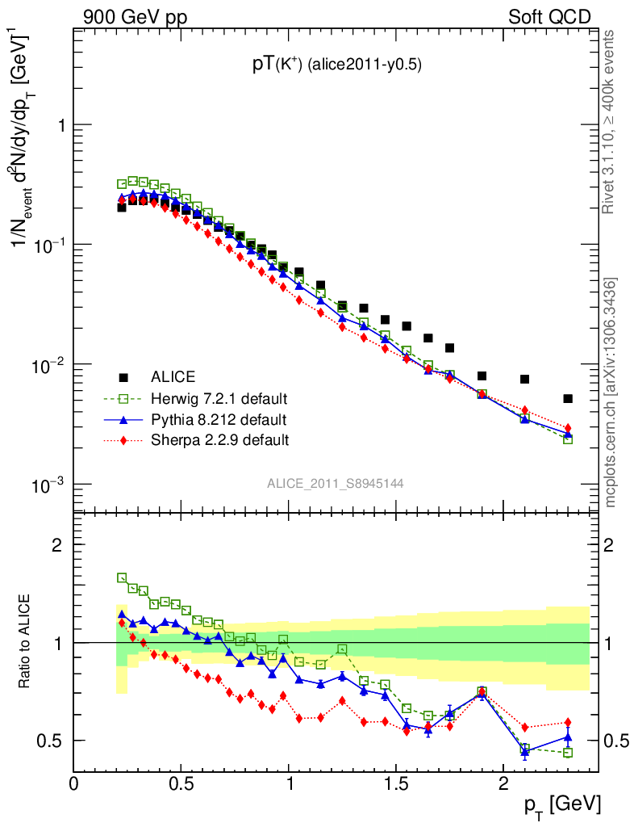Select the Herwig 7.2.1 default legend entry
click(219, 399)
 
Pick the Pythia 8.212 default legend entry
click(218, 420)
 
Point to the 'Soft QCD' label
click(549, 17)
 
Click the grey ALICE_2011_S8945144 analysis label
click(336, 483)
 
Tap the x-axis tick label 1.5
click(396, 783)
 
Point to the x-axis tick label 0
click(74, 783)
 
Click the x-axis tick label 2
click(503, 783)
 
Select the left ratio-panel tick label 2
click(57, 544)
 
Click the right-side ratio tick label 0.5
click(616, 741)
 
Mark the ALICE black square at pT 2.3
click(568, 398)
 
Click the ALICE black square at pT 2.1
click(525, 379)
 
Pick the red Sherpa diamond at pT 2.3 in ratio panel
click(568, 722)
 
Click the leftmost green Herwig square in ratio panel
click(122, 577)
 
